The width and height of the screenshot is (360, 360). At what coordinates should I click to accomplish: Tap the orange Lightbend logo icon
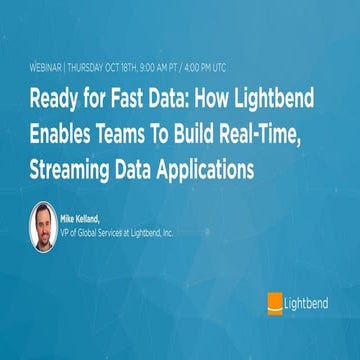(274, 301)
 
